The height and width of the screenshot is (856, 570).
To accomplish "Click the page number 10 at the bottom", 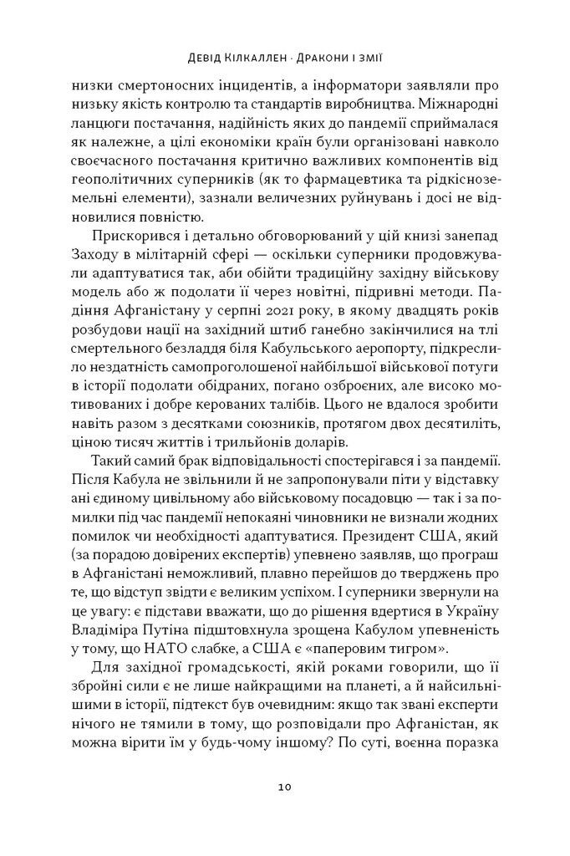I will click(284, 787).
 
